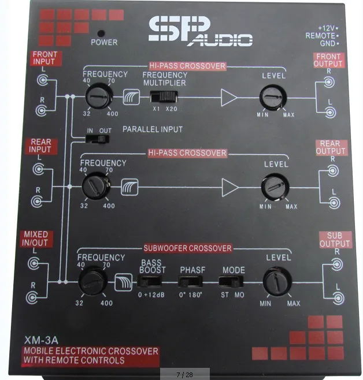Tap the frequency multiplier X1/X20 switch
click(x=162, y=96)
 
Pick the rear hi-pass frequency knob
click(x=94, y=186)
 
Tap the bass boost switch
click(x=151, y=282)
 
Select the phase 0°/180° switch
click(x=191, y=282)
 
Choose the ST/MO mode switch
click(x=231, y=282)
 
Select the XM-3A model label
click(x=40, y=340)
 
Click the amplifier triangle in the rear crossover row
click(x=230, y=187)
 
